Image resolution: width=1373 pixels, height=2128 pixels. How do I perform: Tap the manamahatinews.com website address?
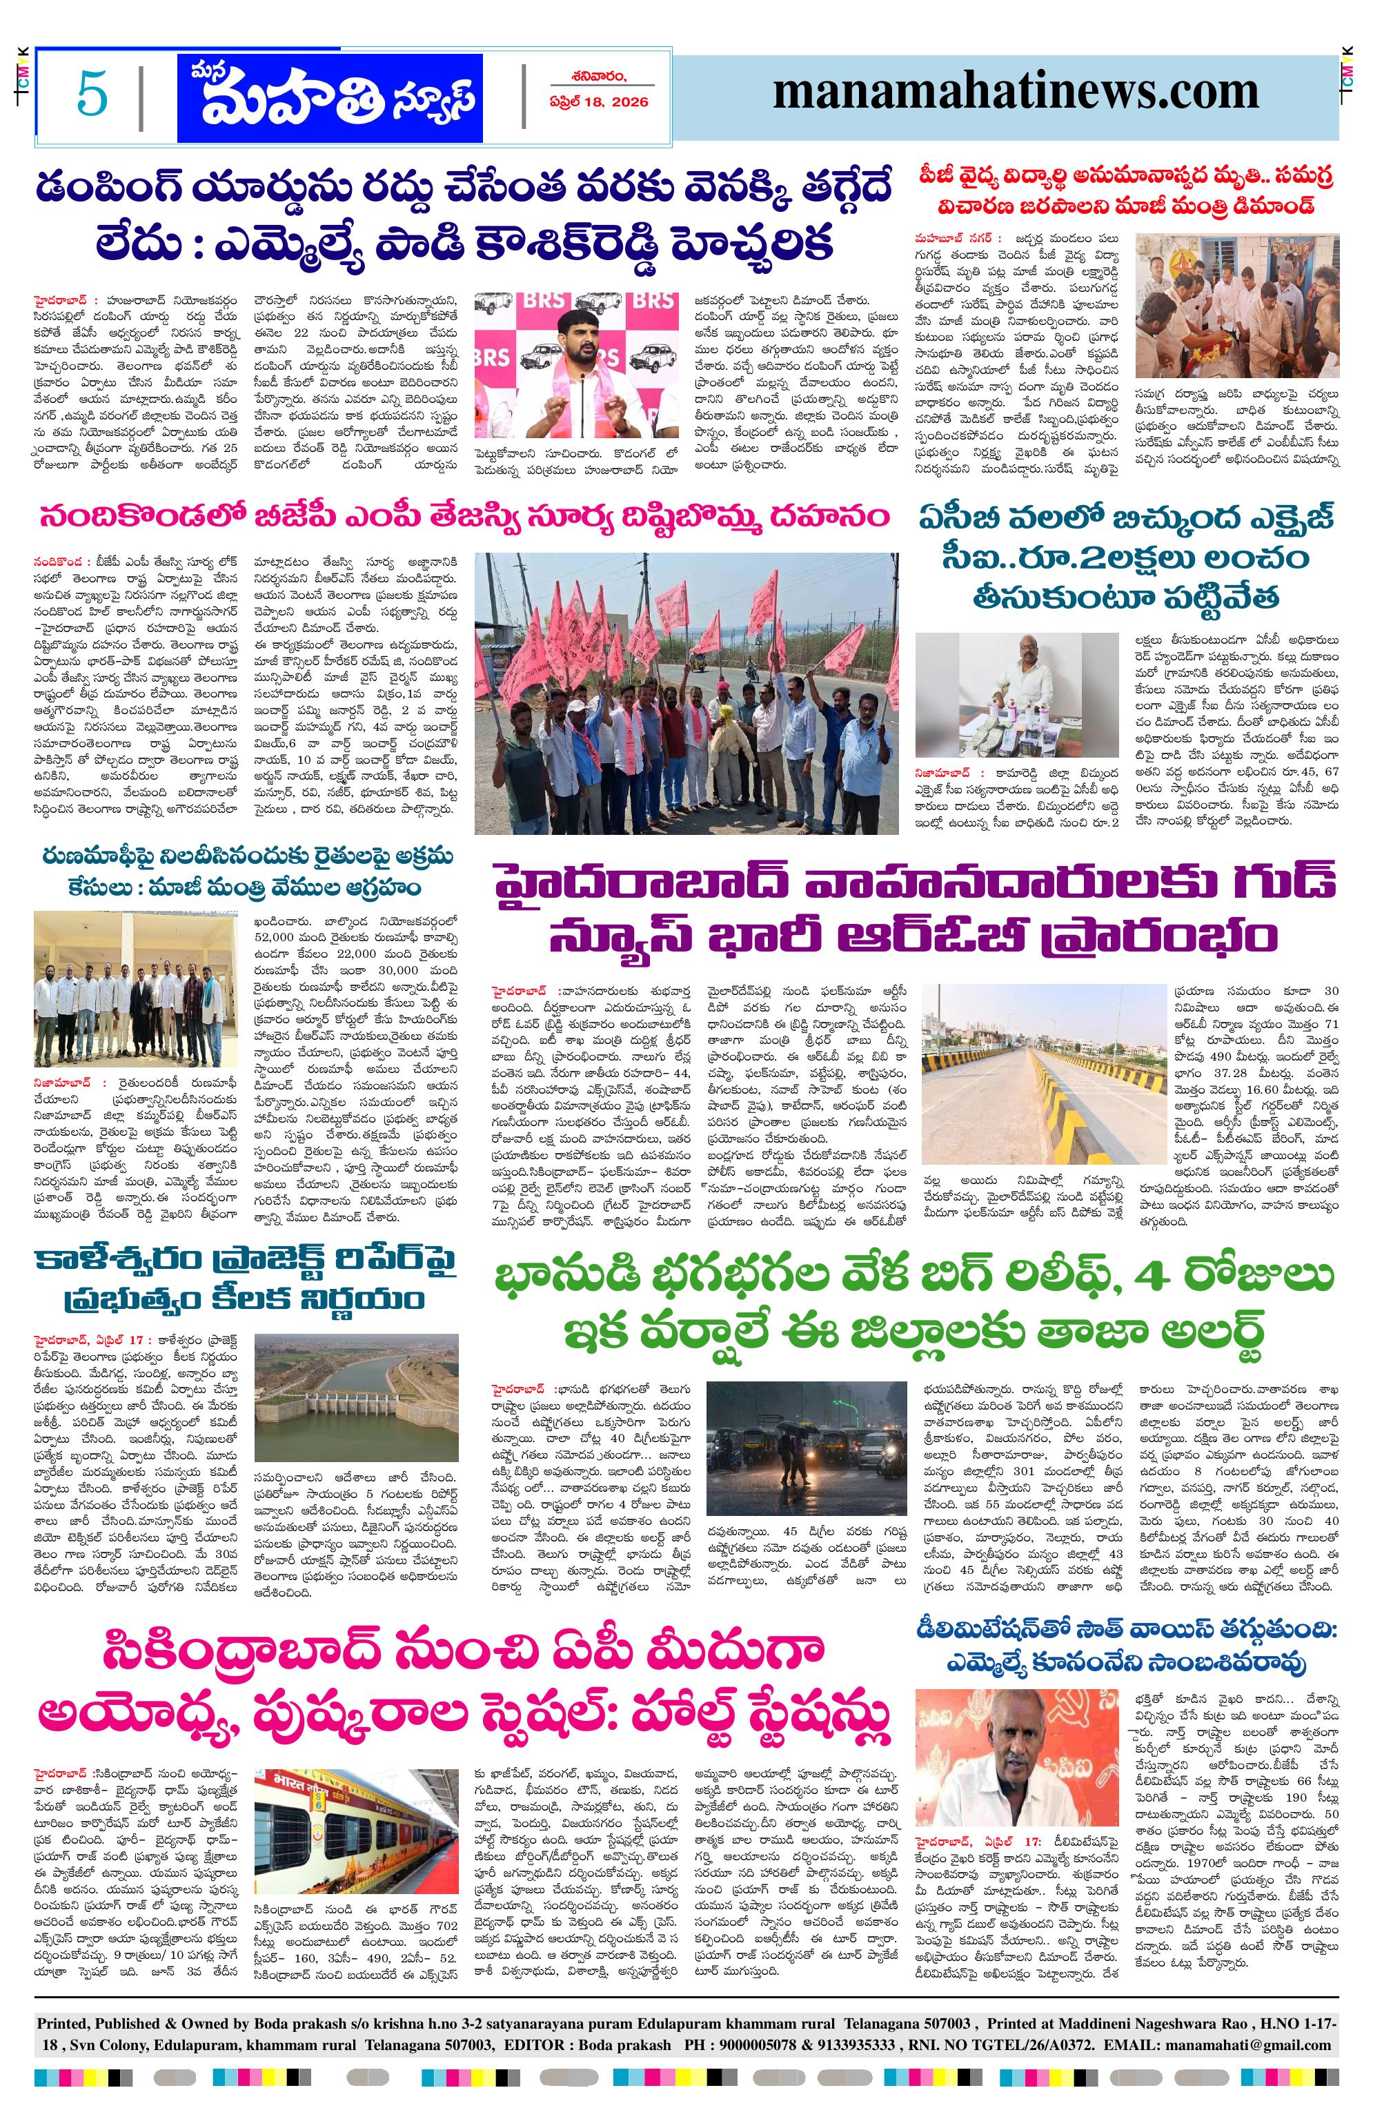click(x=1015, y=92)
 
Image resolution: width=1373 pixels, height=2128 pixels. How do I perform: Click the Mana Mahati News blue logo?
click(x=328, y=95)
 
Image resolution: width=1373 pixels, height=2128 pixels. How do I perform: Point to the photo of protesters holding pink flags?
click(x=686, y=693)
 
